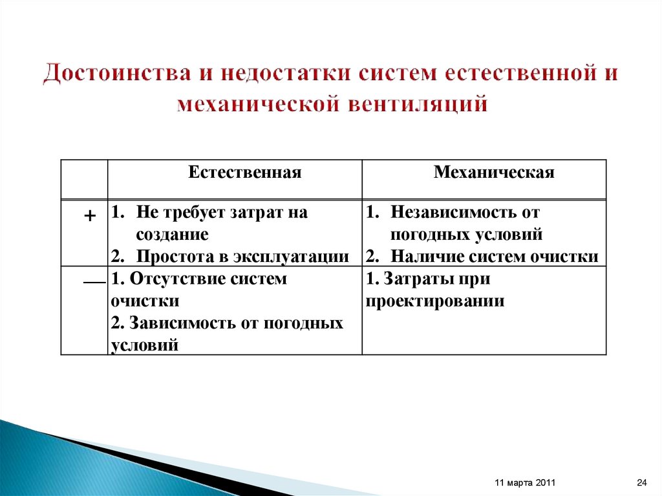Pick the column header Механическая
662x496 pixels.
click(x=494, y=173)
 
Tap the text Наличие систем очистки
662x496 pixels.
click(x=494, y=256)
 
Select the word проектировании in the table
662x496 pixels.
click(x=434, y=301)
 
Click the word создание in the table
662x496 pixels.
click(x=172, y=234)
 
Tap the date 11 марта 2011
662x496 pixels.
click(x=524, y=483)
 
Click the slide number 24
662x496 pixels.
click(x=641, y=483)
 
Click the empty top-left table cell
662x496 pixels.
click(x=84, y=179)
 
